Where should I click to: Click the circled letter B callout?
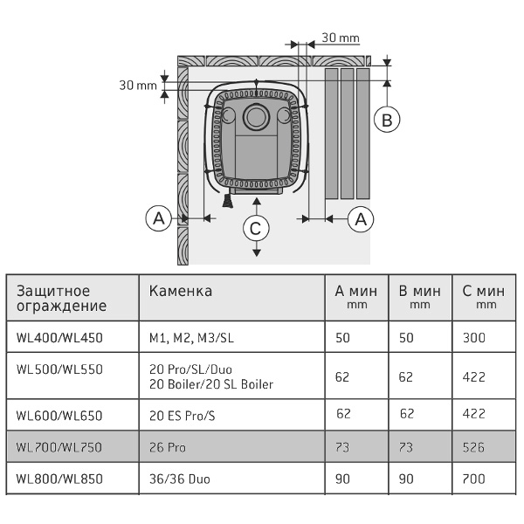coord(387,120)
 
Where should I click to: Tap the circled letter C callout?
coord(256,229)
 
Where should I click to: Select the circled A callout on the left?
coord(158,219)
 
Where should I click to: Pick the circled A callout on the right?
coord(361,219)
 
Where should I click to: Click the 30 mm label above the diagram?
coord(341,38)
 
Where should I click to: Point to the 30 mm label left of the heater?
coord(138,86)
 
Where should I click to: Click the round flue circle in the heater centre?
coord(256,117)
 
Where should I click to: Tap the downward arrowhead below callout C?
coord(256,253)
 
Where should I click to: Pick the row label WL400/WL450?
coord(59,338)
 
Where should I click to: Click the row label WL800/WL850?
coord(59,479)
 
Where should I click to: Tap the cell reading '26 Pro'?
coord(168,447)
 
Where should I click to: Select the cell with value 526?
coord(473,447)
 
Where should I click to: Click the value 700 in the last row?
coord(473,479)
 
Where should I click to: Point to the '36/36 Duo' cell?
coord(180,479)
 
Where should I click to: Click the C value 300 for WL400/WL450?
coord(474,338)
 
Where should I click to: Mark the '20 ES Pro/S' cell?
coord(183,416)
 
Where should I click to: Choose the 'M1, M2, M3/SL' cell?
coord(191,338)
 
